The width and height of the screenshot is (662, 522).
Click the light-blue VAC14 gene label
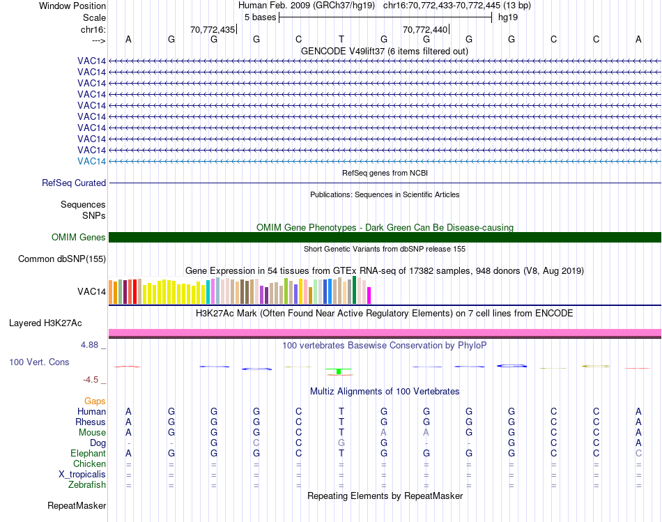92,161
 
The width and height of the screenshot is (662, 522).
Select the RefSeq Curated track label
74,183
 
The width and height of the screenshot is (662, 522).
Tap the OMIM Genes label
79,237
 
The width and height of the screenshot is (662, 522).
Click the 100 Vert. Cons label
39,362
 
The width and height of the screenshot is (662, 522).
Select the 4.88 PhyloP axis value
91,345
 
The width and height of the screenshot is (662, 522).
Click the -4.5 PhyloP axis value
92,380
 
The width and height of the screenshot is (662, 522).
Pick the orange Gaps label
95,401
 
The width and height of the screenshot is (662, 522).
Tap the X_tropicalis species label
82,474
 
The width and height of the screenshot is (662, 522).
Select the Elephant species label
87,453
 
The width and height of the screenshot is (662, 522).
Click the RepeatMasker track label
77,505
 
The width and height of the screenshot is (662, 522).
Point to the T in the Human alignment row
341,411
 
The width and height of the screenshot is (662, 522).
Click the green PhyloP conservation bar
338,371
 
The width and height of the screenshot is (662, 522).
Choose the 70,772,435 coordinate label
212,29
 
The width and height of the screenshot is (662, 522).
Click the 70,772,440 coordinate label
424,29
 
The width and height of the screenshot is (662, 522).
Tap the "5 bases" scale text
260,17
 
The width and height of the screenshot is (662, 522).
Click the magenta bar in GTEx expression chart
369,295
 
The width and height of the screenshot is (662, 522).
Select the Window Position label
72,6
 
